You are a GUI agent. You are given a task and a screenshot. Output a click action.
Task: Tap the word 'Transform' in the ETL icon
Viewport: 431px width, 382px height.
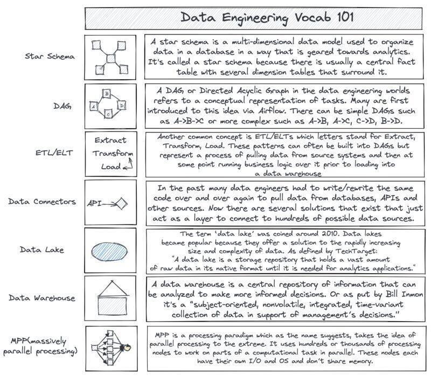tap(112, 153)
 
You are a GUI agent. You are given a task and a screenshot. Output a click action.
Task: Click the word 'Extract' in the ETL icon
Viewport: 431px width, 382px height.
tap(110, 140)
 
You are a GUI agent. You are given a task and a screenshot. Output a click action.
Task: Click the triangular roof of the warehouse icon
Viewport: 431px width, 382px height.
tap(110, 286)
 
